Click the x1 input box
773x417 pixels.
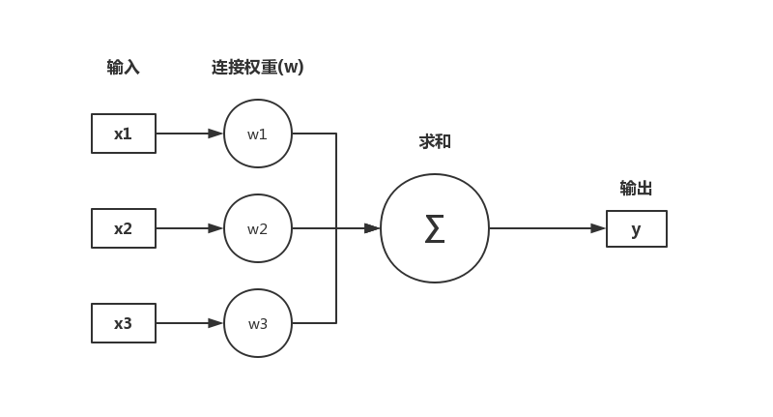coord(124,134)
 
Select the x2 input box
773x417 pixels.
coord(124,228)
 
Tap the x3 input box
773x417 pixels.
coord(124,323)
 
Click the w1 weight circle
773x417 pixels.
coord(258,134)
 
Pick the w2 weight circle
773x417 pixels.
coord(258,228)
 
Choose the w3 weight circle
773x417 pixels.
coord(258,323)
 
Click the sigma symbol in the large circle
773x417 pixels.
coord(435,229)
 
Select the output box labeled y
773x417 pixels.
coord(636,229)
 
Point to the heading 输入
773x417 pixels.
coord(123,68)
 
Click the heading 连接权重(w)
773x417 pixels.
coord(257,68)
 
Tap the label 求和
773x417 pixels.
coord(435,142)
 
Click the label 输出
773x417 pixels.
coord(636,189)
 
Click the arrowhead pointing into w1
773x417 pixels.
coord(215,134)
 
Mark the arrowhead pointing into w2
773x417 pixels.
coord(215,228)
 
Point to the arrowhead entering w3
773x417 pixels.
coord(215,323)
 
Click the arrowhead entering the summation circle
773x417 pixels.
coord(372,228)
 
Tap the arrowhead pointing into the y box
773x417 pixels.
coord(598,228)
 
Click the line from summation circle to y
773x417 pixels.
coord(541,228)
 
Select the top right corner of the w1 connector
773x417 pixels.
coord(336,134)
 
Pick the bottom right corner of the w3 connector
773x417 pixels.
coord(336,323)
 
